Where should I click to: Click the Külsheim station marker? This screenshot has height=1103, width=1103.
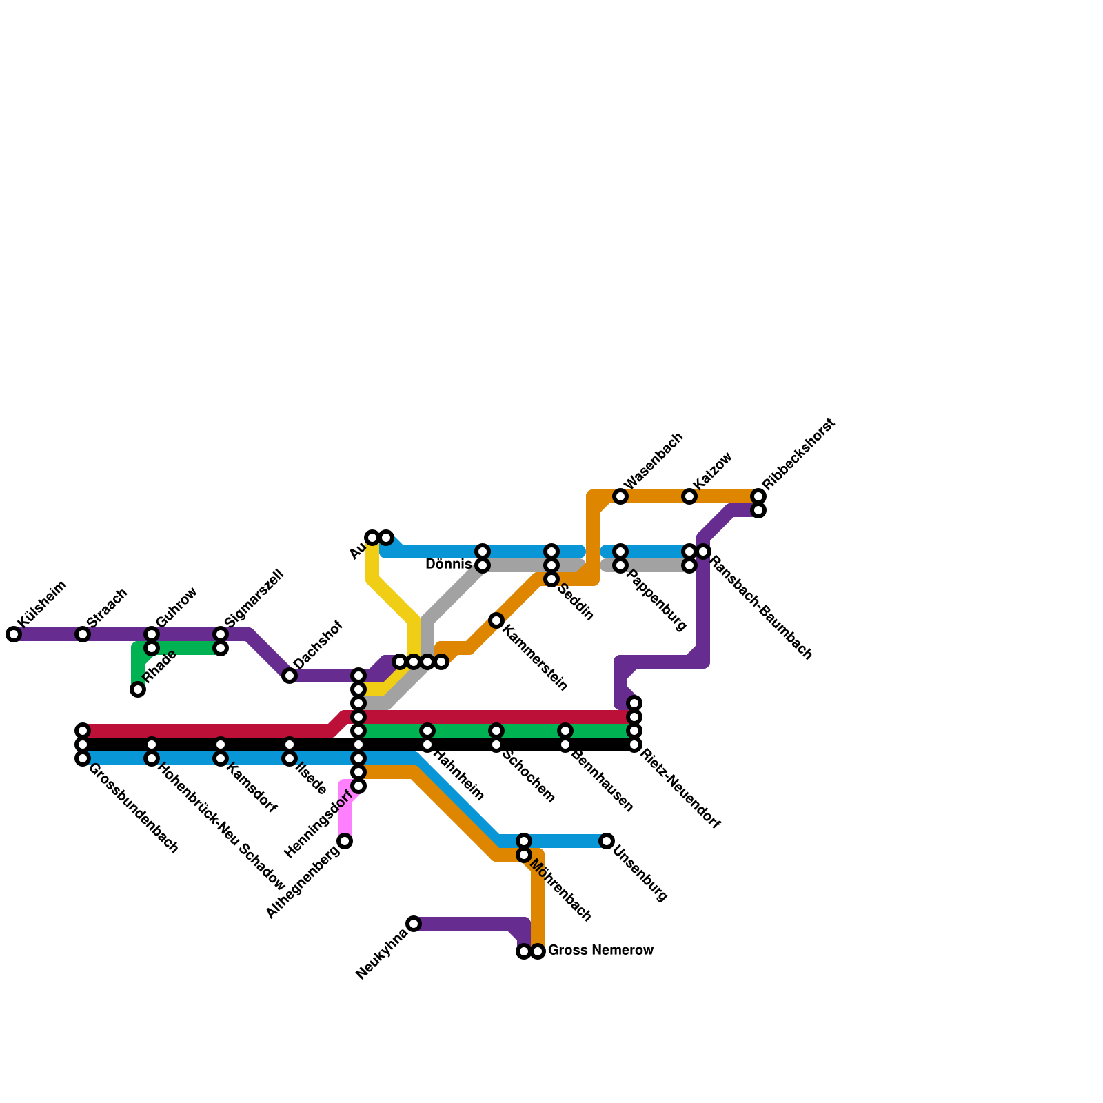(x=14, y=634)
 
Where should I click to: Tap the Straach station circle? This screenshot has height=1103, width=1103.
(x=83, y=634)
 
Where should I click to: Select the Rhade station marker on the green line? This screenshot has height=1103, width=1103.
(x=138, y=689)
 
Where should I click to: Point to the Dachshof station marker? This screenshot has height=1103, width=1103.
(x=290, y=676)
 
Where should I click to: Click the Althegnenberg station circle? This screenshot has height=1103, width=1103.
(x=345, y=841)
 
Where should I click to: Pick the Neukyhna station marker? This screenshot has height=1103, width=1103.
(x=414, y=924)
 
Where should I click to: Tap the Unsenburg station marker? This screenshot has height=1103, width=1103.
(x=607, y=841)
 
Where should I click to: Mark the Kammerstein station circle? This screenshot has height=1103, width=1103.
(x=496, y=620)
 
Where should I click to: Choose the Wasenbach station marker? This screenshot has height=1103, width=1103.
(x=620, y=496)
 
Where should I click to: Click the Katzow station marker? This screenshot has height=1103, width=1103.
(x=689, y=496)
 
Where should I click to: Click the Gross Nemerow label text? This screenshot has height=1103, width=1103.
(x=600, y=951)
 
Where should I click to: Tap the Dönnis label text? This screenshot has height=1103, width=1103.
(x=448, y=565)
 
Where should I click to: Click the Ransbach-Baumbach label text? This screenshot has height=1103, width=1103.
(x=761, y=607)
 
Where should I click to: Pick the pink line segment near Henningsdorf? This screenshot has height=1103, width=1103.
(x=345, y=813)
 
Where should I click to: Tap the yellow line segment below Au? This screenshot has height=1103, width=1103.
(x=373, y=562)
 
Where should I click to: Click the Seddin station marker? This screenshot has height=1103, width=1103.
(x=551, y=579)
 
